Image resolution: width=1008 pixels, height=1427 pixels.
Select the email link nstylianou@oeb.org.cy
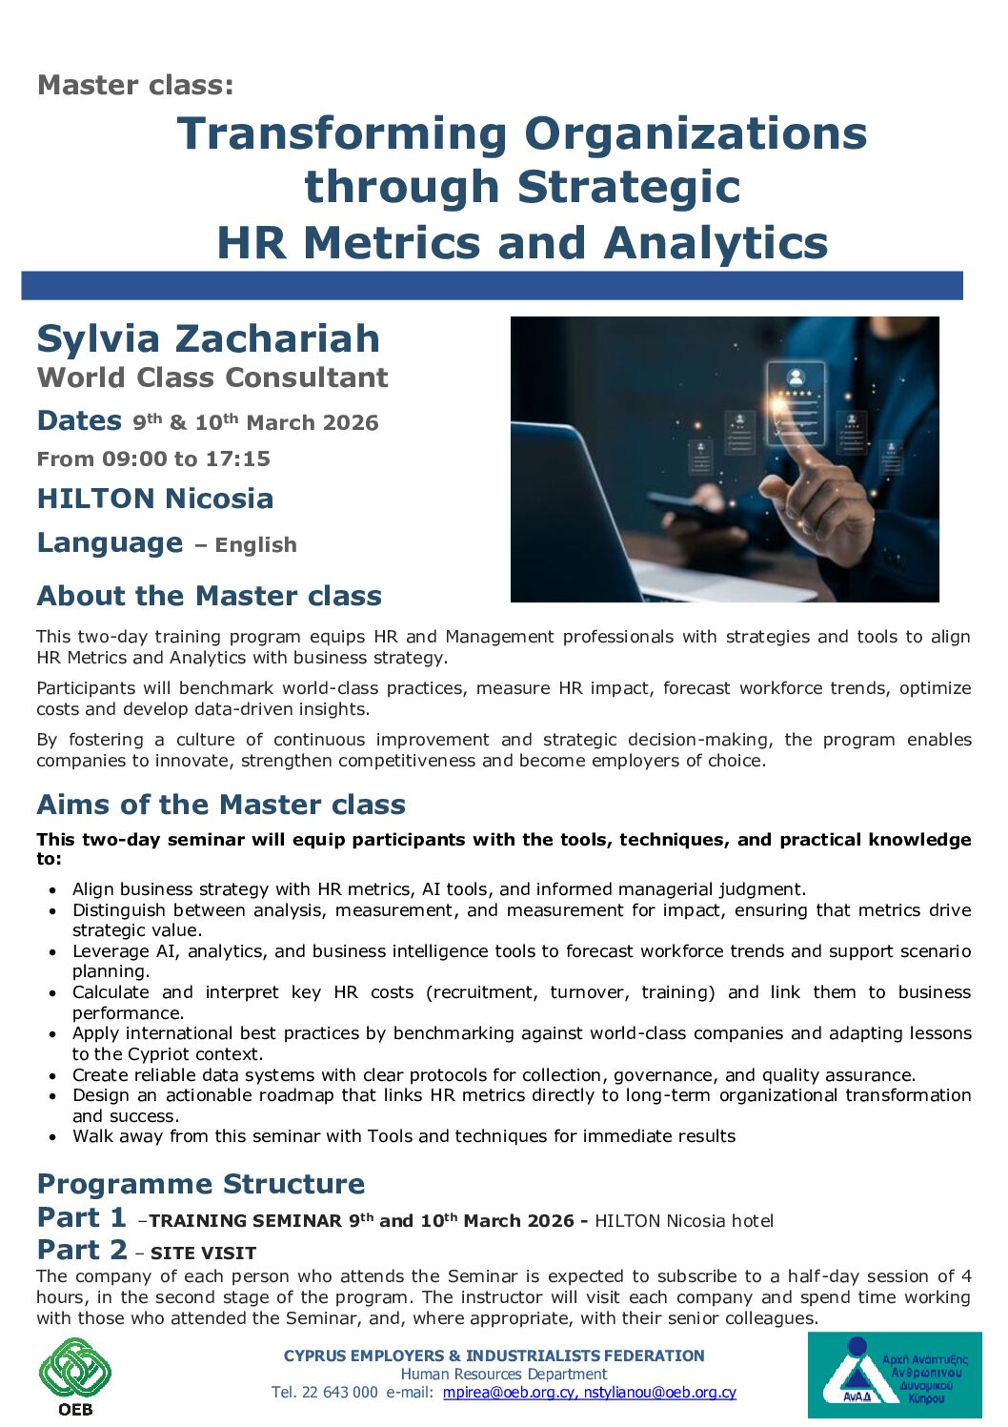tap(659, 1393)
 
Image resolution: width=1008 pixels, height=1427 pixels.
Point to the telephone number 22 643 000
tap(339, 1393)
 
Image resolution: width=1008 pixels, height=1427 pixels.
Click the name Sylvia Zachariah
tap(209, 339)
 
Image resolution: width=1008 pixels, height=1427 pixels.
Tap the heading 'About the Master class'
tap(209, 597)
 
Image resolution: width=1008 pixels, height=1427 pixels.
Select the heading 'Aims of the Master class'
tap(221, 805)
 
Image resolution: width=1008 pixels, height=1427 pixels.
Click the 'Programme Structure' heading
tap(201, 1184)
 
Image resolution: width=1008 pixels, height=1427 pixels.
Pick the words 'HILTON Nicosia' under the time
tap(155, 499)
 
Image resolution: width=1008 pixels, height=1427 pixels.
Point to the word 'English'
tap(255, 545)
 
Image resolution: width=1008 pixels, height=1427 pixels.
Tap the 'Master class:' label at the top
tap(135, 85)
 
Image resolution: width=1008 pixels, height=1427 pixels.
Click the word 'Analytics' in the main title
tap(716, 243)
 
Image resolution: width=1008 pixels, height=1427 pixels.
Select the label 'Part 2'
tap(82, 1250)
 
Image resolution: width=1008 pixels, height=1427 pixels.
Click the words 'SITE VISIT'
tap(203, 1253)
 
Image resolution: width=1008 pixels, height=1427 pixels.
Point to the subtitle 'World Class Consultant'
tap(212, 377)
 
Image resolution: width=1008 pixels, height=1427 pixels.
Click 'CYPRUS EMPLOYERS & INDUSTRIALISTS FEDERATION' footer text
tap(494, 1356)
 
